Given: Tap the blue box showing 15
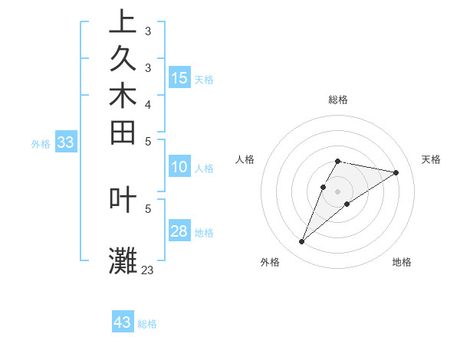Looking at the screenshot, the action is click(179, 77).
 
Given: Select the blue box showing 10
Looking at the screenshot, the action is click(179, 167).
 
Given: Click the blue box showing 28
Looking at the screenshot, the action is click(179, 231).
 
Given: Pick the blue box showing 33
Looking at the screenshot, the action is click(66, 142).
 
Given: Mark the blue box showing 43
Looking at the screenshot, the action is click(123, 322).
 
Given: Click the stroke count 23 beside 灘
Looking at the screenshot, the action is click(147, 270).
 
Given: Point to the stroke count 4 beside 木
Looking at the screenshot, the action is click(147, 103).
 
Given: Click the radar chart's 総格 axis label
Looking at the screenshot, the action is click(338, 100).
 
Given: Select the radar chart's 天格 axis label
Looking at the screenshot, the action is click(431, 159).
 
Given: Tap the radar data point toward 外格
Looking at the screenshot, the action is click(302, 242).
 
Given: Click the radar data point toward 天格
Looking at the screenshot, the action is click(396, 172).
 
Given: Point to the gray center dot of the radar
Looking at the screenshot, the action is click(338, 191).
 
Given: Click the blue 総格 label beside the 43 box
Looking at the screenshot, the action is click(147, 324).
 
